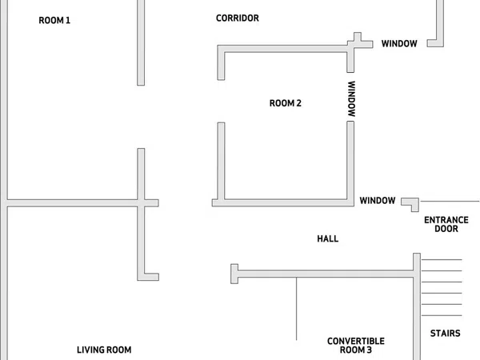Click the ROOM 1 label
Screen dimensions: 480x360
[x=54, y=21]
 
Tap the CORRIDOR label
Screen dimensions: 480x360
[x=238, y=18]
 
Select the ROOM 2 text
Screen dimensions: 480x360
[x=286, y=103]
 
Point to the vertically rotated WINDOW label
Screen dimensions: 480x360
[x=351, y=98]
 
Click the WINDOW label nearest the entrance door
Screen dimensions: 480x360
[x=378, y=201]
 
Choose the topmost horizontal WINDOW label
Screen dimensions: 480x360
[x=399, y=44]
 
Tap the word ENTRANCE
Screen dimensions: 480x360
[x=446, y=220]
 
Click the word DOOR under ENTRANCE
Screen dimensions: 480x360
[x=446, y=229]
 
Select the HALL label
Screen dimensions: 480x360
[x=327, y=238]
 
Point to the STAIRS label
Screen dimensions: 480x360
[x=445, y=333]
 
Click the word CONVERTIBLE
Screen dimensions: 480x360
[x=356, y=341]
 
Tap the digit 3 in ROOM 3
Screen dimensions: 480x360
[x=369, y=350]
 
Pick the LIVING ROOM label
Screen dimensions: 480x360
[x=104, y=350]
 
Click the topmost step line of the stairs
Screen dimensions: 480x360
[x=442, y=259]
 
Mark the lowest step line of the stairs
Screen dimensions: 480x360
[x=442, y=315]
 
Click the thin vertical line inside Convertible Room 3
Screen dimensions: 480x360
[x=296, y=309]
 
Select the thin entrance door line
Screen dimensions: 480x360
[x=450, y=202]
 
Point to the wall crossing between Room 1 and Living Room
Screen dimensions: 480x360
[x=141, y=203]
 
